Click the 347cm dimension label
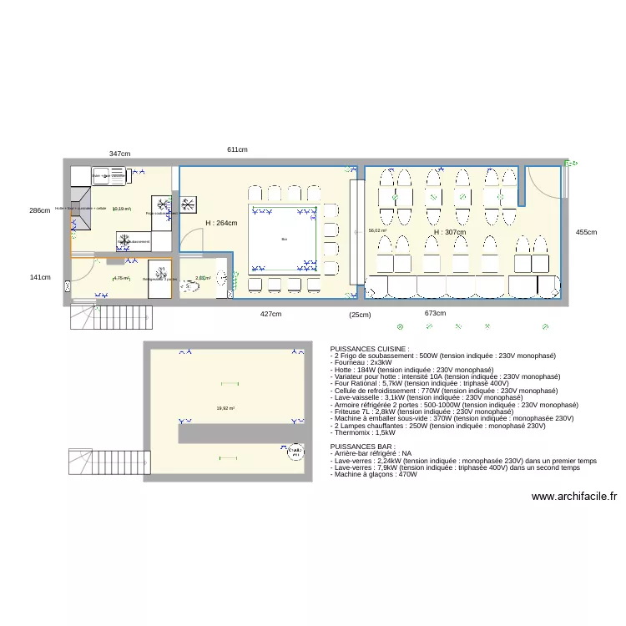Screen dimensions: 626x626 point(119,154)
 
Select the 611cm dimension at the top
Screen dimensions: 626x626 point(237,149)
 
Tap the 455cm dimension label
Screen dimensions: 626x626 point(586,232)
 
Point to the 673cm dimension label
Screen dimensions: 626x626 point(435,313)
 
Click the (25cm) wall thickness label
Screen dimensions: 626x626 point(360,315)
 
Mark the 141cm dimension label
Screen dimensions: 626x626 point(40,277)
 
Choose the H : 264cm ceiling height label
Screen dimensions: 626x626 point(221,223)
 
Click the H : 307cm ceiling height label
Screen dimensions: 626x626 point(450,232)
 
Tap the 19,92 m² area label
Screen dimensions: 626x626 point(225,408)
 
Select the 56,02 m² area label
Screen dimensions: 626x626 point(378,230)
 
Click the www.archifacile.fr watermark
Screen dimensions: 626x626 point(573,497)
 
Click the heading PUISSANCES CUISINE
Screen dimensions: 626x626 point(370,348)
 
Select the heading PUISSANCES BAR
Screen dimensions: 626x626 point(363,447)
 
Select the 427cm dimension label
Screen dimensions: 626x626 point(270,314)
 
